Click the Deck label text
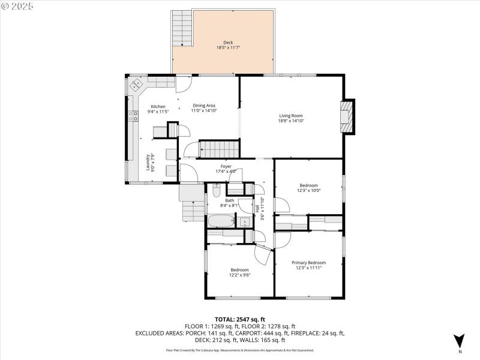[x=228, y=43]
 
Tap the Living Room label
[x=290, y=116]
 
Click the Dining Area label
[x=204, y=106]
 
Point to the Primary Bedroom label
[x=308, y=263]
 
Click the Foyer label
[x=226, y=166]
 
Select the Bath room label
[x=229, y=200]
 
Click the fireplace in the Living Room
[x=347, y=116]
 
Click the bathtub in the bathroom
[x=222, y=221]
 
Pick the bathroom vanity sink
[x=245, y=222]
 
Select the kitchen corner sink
[x=136, y=85]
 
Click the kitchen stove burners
[x=132, y=116]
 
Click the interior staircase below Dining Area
[x=219, y=148]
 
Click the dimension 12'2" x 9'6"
[x=239, y=275]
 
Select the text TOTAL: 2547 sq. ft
[x=239, y=319]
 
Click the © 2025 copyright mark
[x=17, y=5]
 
